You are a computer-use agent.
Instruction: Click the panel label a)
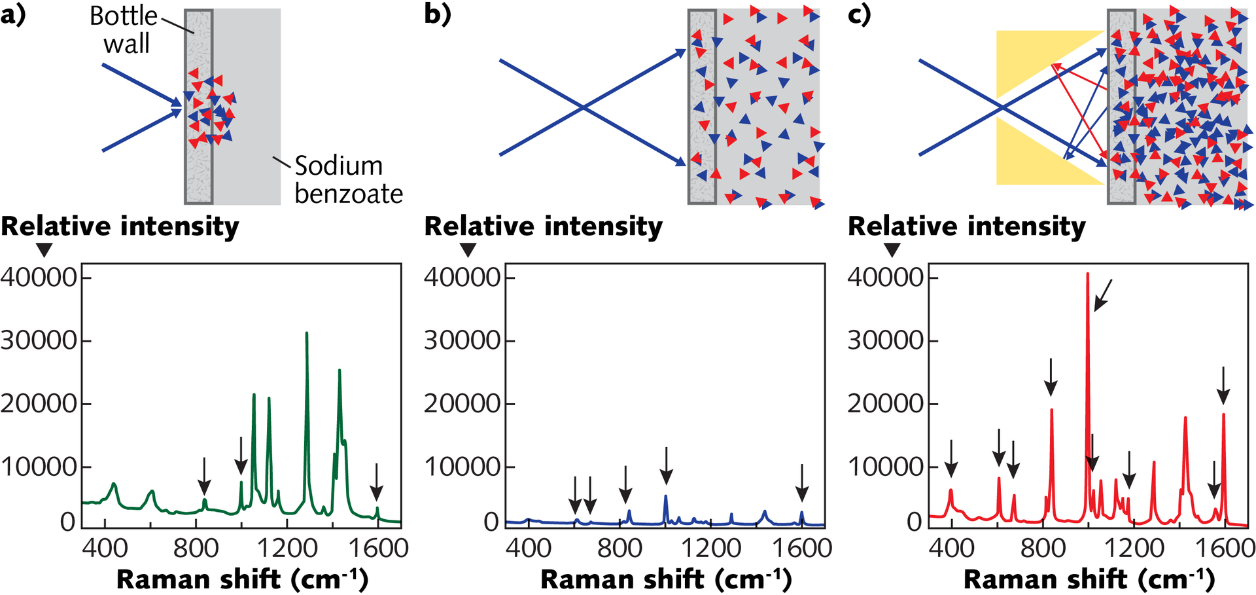[13, 14]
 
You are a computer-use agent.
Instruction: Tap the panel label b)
[437, 14]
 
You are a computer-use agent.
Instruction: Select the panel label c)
[860, 14]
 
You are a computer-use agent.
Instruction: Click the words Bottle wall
[124, 30]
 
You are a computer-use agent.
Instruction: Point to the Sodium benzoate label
[348, 180]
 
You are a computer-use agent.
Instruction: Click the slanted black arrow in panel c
[1103, 295]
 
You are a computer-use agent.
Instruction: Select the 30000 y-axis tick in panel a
[39, 340]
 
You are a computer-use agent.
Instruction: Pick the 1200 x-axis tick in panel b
[711, 547]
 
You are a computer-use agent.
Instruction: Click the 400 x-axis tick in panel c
[951, 547]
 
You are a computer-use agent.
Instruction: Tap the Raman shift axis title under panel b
[666, 579]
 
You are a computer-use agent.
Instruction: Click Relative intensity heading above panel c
[967, 226]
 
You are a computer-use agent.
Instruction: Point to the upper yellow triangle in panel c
[1034, 56]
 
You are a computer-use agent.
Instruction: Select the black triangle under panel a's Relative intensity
[44, 250]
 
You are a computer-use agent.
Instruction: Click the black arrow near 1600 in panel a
[376, 482]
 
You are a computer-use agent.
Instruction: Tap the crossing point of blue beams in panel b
[582, 107]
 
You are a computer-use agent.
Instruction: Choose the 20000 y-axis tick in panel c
[886, 404]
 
